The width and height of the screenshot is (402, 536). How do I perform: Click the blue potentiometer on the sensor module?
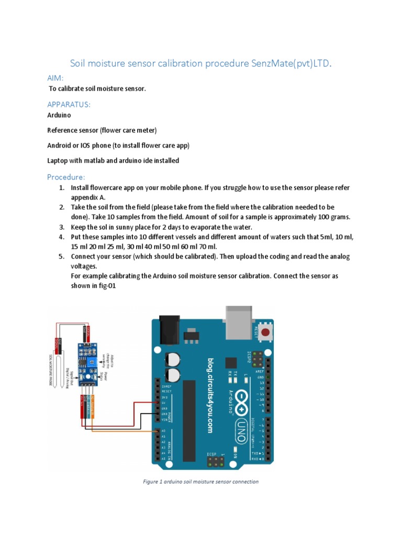[x=93, y=361]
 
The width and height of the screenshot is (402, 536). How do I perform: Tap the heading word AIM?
[x=55, y=78]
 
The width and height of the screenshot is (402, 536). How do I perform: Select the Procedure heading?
[x=66, y=176]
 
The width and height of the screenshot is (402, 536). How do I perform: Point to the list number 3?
[x=61, y=227]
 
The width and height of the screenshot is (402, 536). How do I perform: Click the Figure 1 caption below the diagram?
[x=201, y=482]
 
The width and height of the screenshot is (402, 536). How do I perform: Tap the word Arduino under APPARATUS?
[x=59, y=115]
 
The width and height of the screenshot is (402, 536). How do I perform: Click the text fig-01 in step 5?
[x=105, y=285]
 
